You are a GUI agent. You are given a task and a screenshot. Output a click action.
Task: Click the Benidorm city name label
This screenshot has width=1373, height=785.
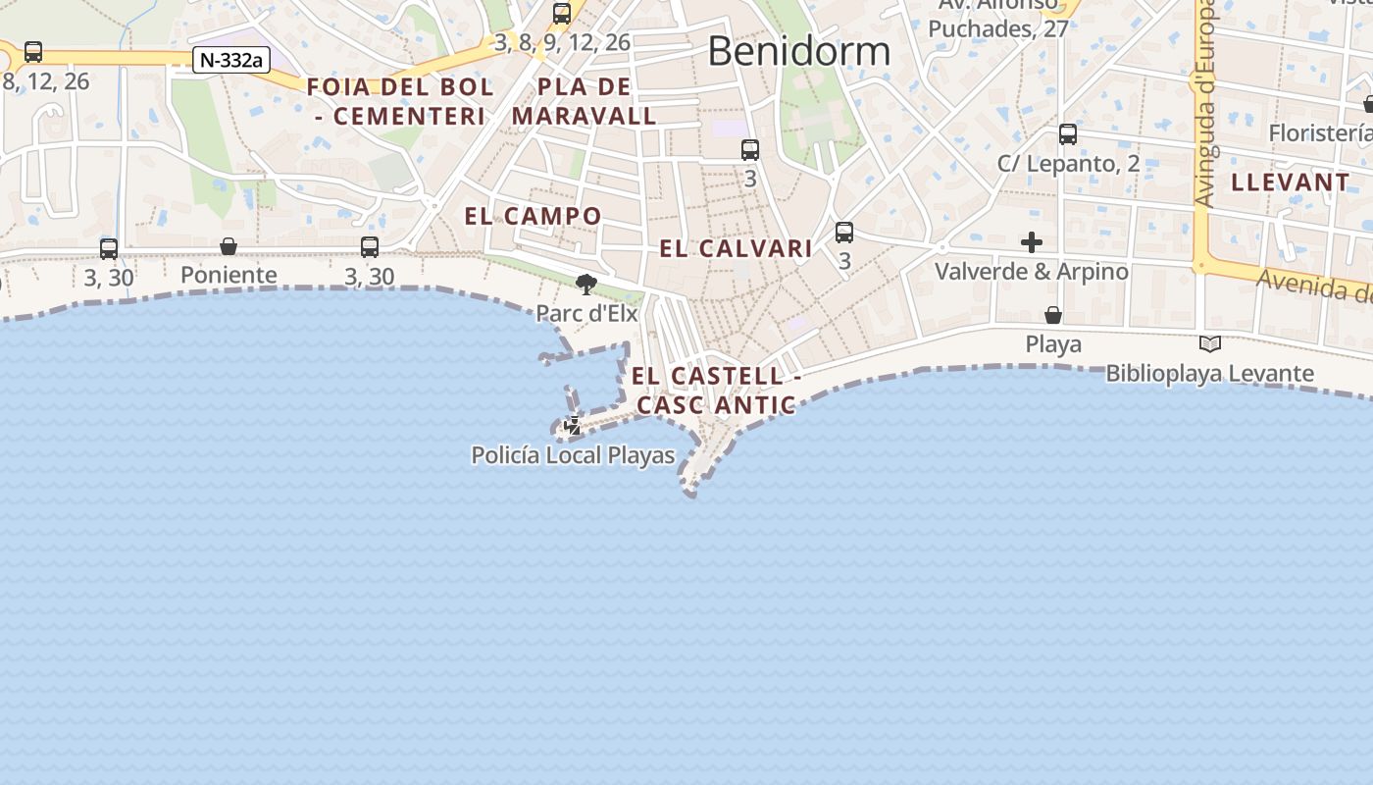(798, 51)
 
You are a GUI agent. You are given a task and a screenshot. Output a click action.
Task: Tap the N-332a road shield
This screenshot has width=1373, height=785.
(230, 60)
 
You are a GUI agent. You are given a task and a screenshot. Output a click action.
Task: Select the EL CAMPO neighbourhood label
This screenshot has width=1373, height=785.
(533, 216)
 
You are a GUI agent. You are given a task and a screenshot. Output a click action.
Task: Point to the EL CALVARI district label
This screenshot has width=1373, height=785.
(736, 248)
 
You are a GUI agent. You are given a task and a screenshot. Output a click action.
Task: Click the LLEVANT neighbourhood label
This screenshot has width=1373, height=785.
(1291, 183)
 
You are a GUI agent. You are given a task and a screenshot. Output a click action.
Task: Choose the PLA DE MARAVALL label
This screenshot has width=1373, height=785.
(585, 101)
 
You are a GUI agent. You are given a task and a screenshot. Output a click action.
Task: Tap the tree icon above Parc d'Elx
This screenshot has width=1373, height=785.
(586, 286)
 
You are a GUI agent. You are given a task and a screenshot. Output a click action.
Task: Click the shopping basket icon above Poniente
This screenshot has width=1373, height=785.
(229, 246)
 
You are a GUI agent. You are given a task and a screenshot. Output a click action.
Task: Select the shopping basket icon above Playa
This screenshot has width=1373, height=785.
(1053, 315)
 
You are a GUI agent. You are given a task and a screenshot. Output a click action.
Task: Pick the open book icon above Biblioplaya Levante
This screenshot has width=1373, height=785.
(1210, 344)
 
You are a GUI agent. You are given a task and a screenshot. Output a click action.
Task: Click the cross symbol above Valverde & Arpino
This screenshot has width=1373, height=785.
(1032, 242)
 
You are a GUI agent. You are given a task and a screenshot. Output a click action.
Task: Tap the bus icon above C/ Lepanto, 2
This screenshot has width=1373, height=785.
(1068, 134)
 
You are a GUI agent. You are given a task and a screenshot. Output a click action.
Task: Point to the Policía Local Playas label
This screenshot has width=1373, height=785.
(573, 455)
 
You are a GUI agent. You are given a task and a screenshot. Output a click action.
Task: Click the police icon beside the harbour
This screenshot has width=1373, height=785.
(573, 426)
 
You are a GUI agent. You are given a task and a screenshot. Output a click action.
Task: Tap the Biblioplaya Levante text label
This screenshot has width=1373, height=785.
(1210, 373)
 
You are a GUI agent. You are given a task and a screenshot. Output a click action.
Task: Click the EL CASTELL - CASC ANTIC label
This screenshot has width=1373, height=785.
(716, 391)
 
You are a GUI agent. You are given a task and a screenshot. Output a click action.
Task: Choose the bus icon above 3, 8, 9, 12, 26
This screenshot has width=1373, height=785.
(562, 14)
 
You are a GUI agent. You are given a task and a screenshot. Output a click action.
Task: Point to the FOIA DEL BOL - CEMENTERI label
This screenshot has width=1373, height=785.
(400, 101)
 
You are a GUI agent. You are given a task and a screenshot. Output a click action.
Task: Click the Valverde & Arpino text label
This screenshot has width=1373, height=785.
(1032, 271)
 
